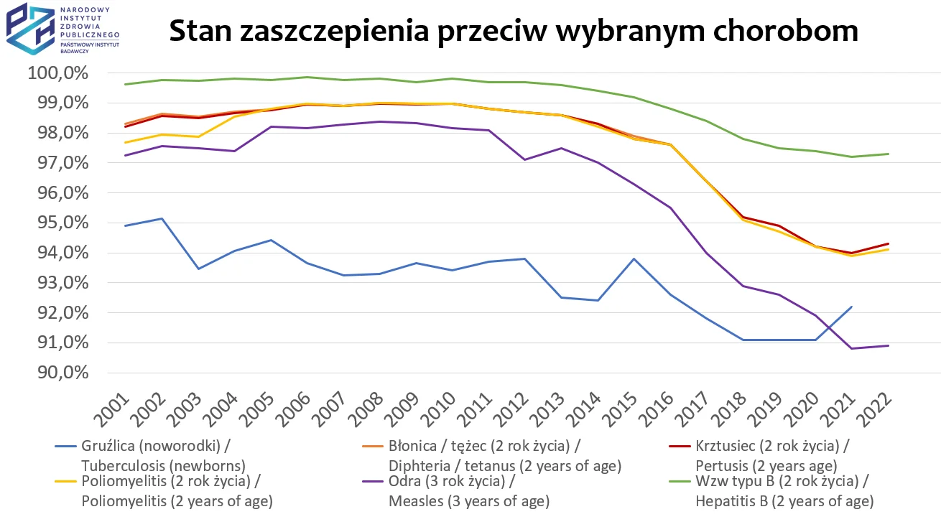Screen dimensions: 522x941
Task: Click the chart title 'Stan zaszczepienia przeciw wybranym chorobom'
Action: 513,31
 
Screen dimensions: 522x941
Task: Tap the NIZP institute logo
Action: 62,29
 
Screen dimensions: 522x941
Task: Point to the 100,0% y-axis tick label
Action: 57,73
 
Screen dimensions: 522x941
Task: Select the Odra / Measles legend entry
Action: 467,491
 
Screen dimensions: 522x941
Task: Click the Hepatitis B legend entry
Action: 783,491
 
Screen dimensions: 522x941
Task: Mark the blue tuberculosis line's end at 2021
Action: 852,307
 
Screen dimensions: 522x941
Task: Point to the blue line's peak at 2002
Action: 162,218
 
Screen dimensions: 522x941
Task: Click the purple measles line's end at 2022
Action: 889,345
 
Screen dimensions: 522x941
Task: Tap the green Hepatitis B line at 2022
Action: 889,154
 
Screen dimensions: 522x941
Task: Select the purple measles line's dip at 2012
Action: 524,159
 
